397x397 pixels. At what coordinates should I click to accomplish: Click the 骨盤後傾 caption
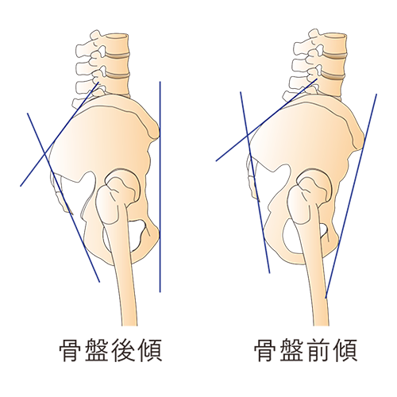[110, 350]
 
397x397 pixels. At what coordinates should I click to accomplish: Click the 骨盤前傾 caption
[306, 350]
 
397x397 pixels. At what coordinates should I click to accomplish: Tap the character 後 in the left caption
[123, 350]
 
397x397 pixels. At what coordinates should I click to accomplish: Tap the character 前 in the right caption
[318, 350]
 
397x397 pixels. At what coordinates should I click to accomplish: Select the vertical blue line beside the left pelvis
[160, 187]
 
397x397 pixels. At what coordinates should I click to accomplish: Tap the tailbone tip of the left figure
[71, 213]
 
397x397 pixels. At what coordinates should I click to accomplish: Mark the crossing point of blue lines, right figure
[247, 137]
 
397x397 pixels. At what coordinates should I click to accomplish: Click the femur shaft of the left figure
[125, 278]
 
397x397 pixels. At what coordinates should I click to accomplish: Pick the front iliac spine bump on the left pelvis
[155, 129]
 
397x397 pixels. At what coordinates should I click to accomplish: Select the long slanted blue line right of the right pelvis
[351, 196]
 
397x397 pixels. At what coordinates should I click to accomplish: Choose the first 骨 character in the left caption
[71, 350]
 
